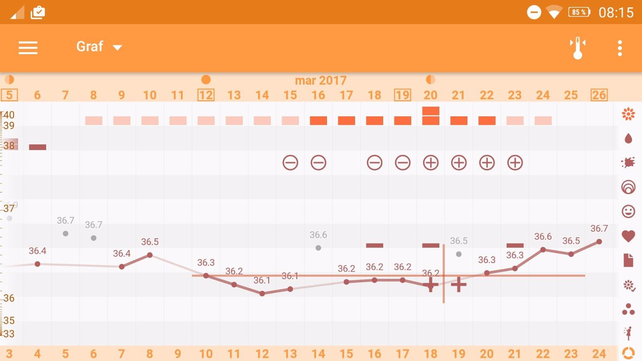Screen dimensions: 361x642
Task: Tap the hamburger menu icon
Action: [x=28, y=48]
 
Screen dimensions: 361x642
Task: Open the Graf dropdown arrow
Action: [x=117, y=48]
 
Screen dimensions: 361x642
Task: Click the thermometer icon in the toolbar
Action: [x=577, y=48]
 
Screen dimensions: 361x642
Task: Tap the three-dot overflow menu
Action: [x=620, y=48]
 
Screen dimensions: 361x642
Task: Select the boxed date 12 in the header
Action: [x=206, y=95]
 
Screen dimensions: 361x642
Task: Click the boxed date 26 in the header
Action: [x=599, y=95]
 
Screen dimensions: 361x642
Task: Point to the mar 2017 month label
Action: [x=321, y=80]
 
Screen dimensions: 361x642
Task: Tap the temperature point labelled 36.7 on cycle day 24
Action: [x=599, y=241]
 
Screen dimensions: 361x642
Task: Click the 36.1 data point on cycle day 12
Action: [x=262, y=294]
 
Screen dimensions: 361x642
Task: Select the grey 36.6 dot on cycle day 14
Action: [x=318, y=248]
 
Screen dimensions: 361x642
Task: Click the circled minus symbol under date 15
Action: [x=290, y=163]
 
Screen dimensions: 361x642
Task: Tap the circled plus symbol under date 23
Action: [x=515, y=163]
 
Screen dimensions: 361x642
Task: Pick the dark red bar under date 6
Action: [x=37, y=147]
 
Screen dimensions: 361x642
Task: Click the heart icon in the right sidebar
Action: [x=628, y=236]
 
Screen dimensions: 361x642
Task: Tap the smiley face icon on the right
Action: [x=628, y=211]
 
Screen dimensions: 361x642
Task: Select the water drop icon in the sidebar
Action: [x=628, y=139]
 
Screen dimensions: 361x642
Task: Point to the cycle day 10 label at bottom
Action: [x=206, y=354]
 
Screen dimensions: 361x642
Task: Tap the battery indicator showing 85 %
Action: [x=579, y=12]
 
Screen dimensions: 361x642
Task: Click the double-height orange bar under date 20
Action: [x=431, y=116]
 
